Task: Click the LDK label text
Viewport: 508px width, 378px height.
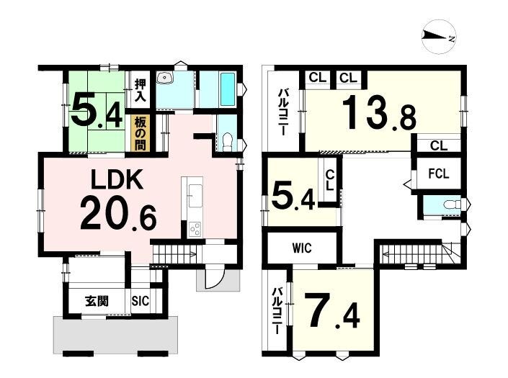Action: pos(117,180)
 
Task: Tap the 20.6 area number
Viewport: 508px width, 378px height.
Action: pos(118,215)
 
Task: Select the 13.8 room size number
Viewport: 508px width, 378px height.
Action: pos(379,113)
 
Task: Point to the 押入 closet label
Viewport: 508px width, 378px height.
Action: pos(141,90)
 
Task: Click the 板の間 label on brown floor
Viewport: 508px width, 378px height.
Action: pos(141,134)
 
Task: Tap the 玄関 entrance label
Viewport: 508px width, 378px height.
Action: pos(97,301)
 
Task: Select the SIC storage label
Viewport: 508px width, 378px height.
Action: pos(141,301)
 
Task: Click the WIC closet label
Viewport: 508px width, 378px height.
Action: pos(302,248)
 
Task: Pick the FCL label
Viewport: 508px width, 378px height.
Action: pos(439,174)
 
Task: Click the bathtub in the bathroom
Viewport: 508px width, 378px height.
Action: pos(228,89)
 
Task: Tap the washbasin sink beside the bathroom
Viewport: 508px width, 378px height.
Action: pos(165,77)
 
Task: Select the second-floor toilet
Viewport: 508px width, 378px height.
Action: pos(452,204)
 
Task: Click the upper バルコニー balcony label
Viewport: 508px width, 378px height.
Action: pos(282,112)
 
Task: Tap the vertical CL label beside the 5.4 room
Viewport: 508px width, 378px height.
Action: pos(329,180)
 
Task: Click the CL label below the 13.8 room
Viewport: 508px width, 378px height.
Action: pos(439,145)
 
